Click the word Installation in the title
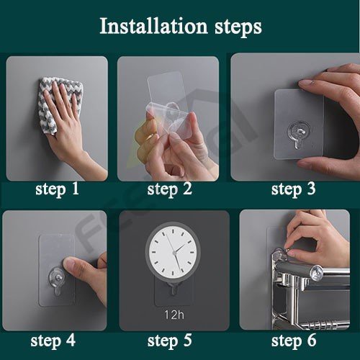point(153,26)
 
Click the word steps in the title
point(238,27)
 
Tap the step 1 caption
point(57,189)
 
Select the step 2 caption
point(170,189)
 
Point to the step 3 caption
point(293,189)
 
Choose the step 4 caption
point(53,341)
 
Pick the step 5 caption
point(170,341)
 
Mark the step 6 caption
point(294,341)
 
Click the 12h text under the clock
point(174,315)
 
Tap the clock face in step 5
point(173,252)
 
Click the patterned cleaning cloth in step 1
point(60,103)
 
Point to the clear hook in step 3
point(299,134)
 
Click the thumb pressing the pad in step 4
point(79,269)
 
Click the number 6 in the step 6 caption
point(311,341)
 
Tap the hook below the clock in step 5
point(173,289)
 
